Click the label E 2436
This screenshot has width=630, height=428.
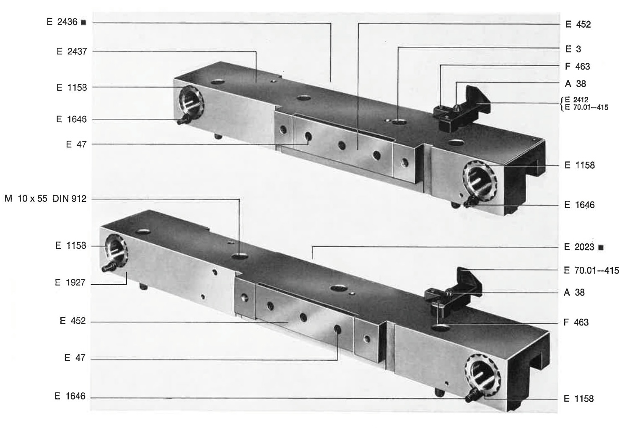62,22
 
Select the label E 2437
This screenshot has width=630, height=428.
72,52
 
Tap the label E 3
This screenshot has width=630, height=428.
573,49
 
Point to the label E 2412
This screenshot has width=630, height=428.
577,100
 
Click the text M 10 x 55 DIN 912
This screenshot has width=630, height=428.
46,199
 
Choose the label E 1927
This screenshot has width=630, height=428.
70,282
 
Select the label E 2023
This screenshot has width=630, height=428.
579,247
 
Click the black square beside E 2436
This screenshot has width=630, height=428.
83,23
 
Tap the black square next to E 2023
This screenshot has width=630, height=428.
601,248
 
